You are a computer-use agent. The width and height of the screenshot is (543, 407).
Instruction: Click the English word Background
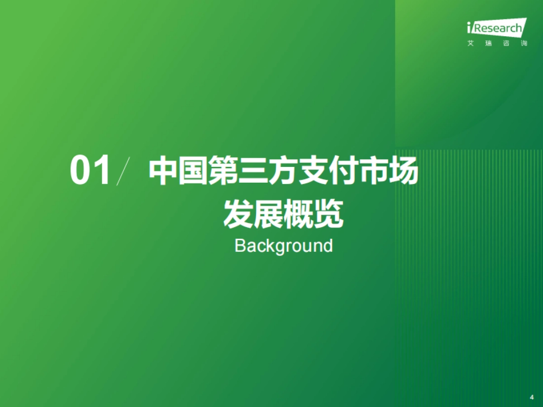(x=284, y=246)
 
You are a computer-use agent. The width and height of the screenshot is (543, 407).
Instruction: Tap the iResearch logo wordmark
(x=496, y=29)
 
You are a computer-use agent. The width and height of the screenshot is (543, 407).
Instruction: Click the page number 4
(x=532, y=397)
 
